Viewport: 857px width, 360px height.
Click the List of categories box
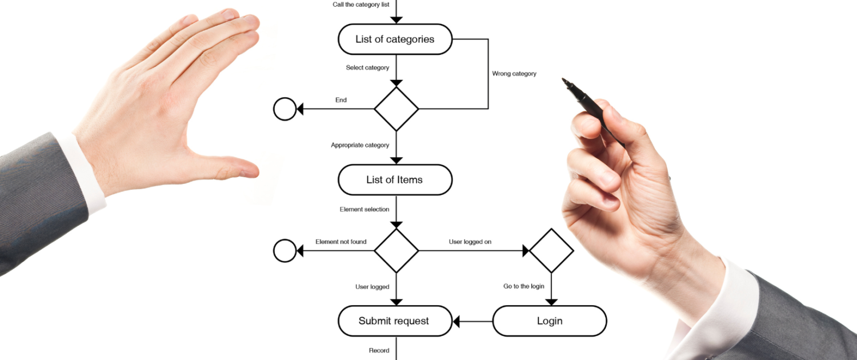395,39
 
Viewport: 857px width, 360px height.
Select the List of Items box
395,180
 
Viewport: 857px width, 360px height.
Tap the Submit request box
395,321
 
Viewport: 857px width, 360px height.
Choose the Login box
550,321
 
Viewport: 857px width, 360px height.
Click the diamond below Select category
397,109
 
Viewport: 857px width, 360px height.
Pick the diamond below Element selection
397,250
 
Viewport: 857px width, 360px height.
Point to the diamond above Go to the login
551,250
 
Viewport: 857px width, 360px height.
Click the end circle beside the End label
285,109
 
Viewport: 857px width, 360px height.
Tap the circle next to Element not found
285,250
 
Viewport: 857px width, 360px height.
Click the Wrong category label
514,74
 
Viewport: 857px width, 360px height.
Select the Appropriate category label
360,145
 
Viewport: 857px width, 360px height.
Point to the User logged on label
470,242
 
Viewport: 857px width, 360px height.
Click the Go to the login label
523,286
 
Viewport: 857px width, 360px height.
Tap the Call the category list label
361,5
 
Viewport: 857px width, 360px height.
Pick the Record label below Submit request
379,350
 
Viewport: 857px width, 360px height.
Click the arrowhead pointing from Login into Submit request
456,322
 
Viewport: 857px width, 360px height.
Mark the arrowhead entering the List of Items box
397,161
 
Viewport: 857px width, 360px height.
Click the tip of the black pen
564,81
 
